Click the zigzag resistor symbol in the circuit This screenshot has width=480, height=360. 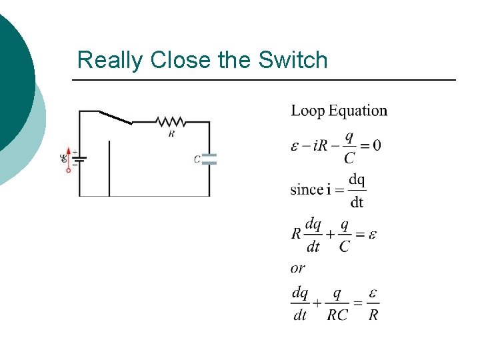171,122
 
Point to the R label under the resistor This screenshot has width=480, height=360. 171,133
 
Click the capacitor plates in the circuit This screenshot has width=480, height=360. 209,159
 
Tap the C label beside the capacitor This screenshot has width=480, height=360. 197,159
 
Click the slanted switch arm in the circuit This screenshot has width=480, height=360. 115,117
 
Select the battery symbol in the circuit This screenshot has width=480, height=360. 79,159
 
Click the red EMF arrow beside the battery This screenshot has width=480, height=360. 68,160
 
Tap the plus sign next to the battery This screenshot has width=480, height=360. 74,153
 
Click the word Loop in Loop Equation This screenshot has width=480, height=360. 307,111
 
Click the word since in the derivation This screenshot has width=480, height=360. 307,189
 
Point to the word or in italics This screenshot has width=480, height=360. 298,268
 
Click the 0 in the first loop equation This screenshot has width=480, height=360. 377,145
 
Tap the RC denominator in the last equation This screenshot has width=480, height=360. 337,315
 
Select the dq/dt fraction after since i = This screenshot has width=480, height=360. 357,191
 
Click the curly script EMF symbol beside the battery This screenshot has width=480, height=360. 64,158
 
